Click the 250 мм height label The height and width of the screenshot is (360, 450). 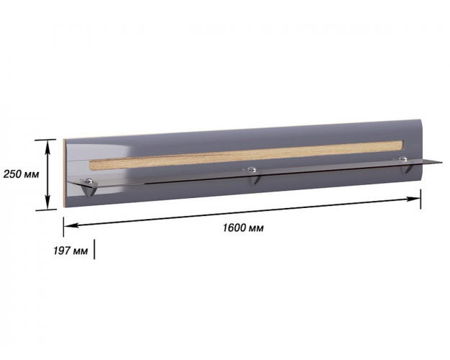click(21, 174)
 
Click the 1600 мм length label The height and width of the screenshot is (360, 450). click(243, 228)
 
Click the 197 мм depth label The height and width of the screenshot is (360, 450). click(71, 251)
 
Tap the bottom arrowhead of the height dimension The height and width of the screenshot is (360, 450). click(48, 205)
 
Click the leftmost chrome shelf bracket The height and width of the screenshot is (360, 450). click(89, 187)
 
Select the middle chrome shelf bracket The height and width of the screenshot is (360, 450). click(253, 176)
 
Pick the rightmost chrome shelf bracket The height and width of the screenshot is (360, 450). click(405, 165)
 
